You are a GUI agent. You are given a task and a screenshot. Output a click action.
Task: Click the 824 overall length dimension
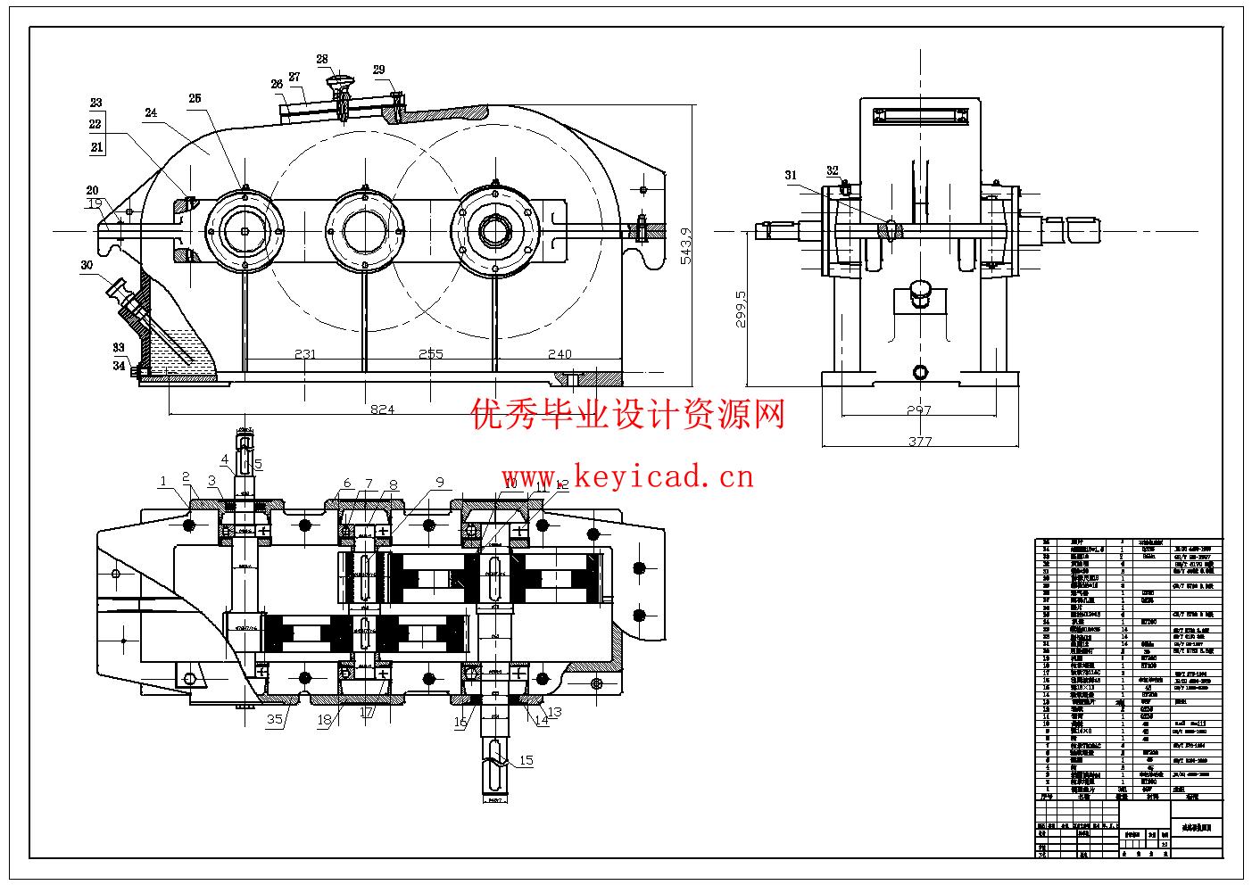[382, 409]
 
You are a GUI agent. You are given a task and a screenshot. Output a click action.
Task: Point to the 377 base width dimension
[919, 441]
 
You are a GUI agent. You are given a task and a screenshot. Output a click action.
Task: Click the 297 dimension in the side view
[918, 410]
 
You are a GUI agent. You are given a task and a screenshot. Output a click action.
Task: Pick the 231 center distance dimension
[305, 354]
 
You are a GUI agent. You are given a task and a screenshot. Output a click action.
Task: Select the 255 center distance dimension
[430, 354]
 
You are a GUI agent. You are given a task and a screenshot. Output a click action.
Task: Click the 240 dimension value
[560, 354]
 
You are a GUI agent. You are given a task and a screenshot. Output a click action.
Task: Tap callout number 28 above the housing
[322, 60]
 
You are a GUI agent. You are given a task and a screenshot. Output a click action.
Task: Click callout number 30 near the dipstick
[87, 265]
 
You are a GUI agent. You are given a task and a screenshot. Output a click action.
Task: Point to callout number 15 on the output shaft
[526, 760]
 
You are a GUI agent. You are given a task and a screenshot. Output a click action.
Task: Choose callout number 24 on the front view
[151, 112]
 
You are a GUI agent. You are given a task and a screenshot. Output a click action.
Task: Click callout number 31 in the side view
[791, 176]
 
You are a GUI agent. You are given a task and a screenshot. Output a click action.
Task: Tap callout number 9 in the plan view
[440, 483]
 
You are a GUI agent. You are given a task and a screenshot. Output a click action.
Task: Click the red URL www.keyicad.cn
[627, 477]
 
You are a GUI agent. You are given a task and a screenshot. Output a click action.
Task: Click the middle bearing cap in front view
[365, 229]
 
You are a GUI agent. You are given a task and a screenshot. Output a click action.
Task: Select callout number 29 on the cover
[378, 70]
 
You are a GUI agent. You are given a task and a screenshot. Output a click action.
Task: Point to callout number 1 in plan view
[163, 482]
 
